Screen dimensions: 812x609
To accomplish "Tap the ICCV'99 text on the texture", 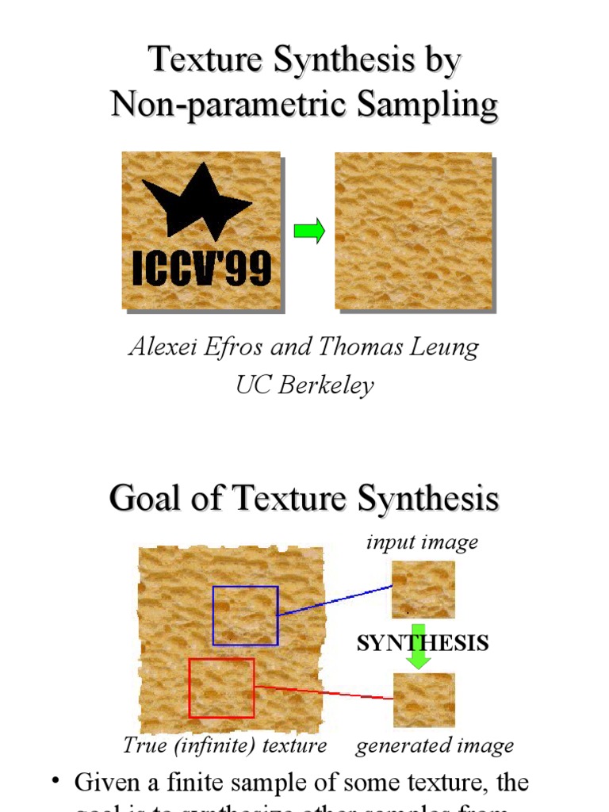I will pyautogui.click(x=201, y=269).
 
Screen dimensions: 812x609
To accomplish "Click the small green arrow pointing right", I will pyautogui.click(x=309, y=232).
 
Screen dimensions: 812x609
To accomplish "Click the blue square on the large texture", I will pyautogui.click(x=245, y=615).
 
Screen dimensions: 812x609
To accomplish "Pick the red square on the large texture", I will pyautogui.click(x=221, y=688).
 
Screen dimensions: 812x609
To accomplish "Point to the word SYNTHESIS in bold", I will pyautogui.click(x=422, y=642).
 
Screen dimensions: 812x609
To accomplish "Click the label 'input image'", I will pyautogui.click(x=422, y=542).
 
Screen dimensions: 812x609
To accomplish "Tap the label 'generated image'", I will pyautogui.click(x=435, y=745).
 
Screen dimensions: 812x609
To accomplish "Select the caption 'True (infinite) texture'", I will pyautogui.click(x=225, y=745).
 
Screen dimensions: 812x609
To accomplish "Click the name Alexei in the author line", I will pyautogui.click(x=160, y=347).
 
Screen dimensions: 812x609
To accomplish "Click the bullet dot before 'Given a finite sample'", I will pyautogui.click(x=56, y=781).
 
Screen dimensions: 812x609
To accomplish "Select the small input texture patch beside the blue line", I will pyautogui.click(x=423, y=589).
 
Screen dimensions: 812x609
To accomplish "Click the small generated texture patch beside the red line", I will pyautogui.click(x=423, y=699).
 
